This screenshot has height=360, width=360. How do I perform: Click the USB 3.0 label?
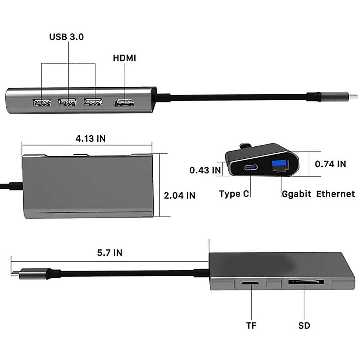pyautogui.click(x=67, y=37)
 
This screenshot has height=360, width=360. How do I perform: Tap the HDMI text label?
pyautogui.click(x=124, y=58)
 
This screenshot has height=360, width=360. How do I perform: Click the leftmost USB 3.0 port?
pyautogui.click(x=42, y=103)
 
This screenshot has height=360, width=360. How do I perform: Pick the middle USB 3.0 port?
pyautogui.click(x=68, y=103)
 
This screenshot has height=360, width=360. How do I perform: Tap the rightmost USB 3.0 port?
pyautogui.click(x=93, y=103)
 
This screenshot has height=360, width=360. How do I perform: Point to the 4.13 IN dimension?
pyautogui.click(x=90, y=138)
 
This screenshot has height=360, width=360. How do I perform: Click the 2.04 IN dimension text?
pyautogui.click(x=179, y=195)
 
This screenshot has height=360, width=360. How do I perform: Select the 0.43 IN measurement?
pyautogui.click(x=205, y=170)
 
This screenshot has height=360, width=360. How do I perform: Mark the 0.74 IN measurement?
pyautogui.click(x=330, y=164)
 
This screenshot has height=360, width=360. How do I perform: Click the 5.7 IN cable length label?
pyautogui.click(x=109, y=253)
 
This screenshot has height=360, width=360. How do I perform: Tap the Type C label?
pyautogui.click(x=234, y=194)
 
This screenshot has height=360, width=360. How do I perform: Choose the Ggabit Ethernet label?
pyautogui.click(x=318, y=194)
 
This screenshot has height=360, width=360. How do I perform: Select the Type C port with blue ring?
pyautogui.click(x=250, y=167)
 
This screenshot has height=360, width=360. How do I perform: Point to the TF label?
pyautogui.click(x=251, y=325)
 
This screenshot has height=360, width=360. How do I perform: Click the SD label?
pyautogui.click(x=304, y=325)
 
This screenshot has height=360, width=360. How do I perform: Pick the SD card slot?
pyautogui.click(x=306, y=282)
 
